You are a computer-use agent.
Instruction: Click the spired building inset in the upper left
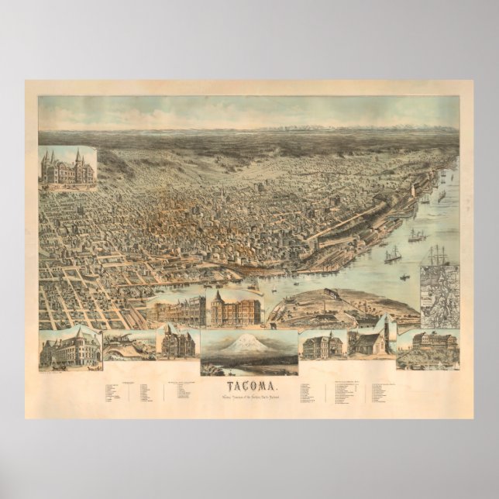pos(67,167)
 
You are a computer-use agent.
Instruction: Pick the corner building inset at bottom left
pos(71,346)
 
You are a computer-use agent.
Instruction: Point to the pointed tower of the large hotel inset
pos(219,295)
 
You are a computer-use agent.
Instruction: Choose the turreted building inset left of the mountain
pos(177,342)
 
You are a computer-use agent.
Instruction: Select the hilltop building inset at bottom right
pos(427,346)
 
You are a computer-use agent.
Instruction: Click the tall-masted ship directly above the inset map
pos(439,255)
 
